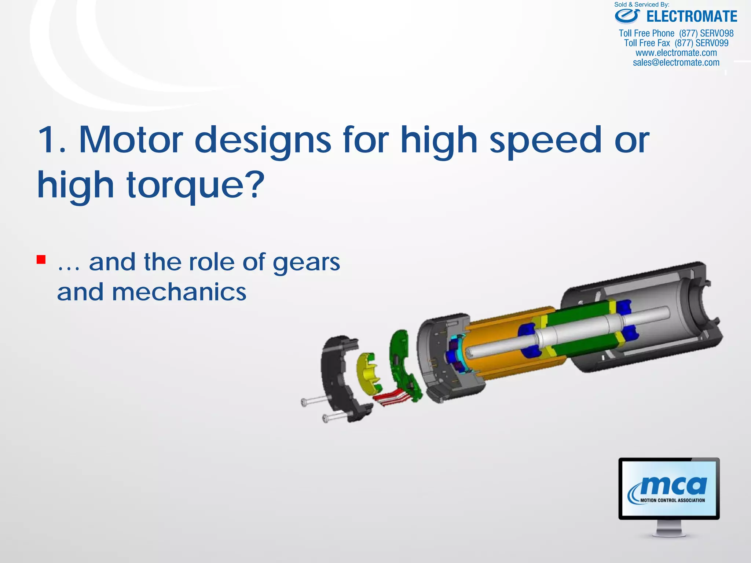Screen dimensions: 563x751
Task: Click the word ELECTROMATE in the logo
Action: pyautogui.click(x=692, y=17)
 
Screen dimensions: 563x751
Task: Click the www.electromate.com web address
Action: pyautogui.click(x=676, y=53)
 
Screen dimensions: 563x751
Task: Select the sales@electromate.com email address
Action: pyautogui.click(x=676, y=63)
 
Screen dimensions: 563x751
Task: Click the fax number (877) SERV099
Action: pyautogui.click(x=701, y=43)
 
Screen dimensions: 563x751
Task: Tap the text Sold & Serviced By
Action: pyautogui.click(x=642, y=5)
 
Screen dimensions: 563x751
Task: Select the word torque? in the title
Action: pyautogui.click(x=195, y=185)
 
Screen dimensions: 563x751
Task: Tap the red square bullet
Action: pyautogui.click(x=41, y=260)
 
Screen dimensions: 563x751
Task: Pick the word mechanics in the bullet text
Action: pyautogui.click(x=179, y=292)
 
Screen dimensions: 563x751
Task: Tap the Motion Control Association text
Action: pyautogui.click(x=673, y=500)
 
